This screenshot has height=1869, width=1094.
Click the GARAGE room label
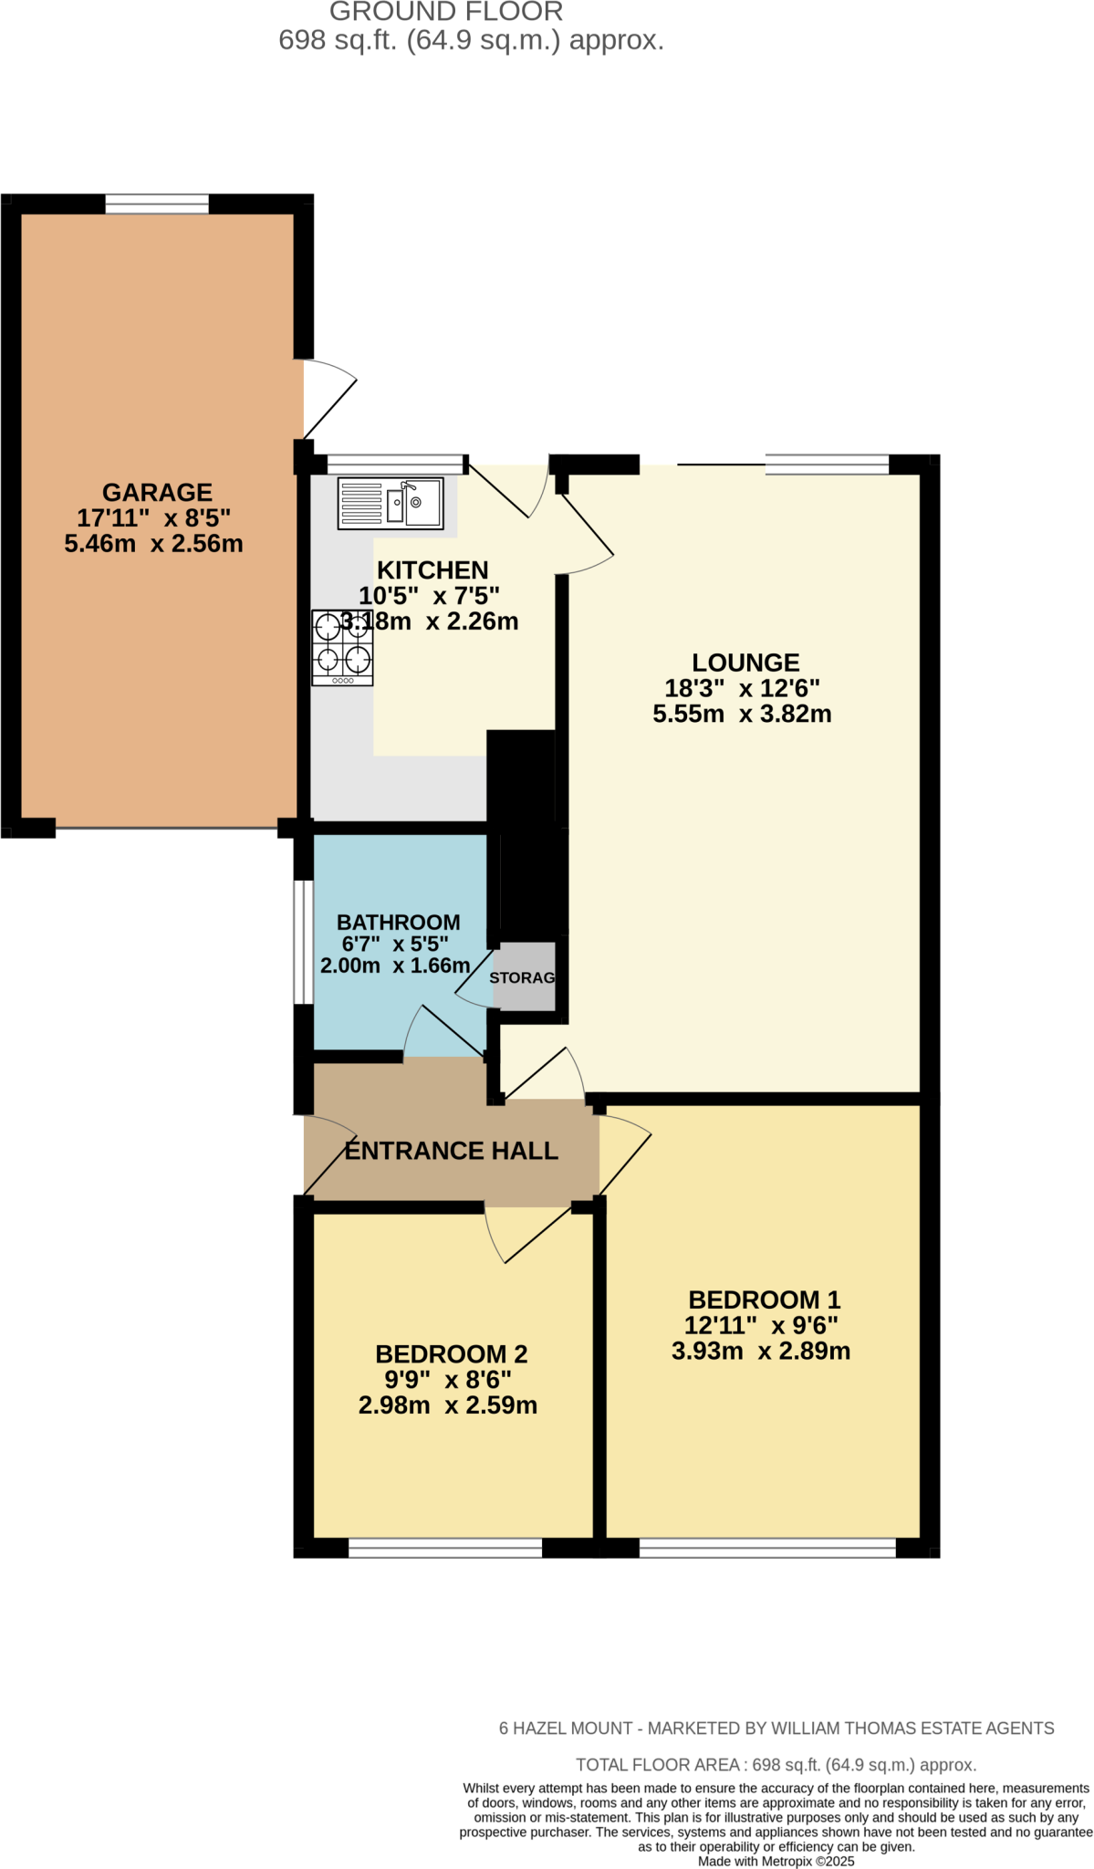click(x=157, y=493)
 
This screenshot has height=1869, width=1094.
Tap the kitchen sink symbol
click(x=391, y=503)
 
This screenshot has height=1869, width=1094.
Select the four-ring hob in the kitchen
click(x=342, y=648)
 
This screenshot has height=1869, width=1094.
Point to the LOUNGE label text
click(x=745, y=663)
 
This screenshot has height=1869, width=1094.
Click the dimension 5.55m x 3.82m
click(x=742, y=714)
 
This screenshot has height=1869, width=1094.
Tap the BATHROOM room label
click(x=398, y=923)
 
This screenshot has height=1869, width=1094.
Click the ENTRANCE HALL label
click(x=451, y=1151)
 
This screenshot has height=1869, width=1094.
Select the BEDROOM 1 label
click(x=764, y=1300)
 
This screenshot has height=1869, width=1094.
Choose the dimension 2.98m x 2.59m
click(x=447, y=1405)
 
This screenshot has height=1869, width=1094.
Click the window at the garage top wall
click(x=157, y=204)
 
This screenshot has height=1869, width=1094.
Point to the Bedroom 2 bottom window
click(x=445, y=1548)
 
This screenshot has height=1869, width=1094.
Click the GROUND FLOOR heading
click(x=445, y=12)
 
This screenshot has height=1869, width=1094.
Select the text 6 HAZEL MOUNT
click(x=566, y=1728)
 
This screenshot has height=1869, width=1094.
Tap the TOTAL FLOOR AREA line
click(x=776, y=1765)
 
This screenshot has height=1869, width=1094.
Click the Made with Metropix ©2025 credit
click(x=776, y=1862)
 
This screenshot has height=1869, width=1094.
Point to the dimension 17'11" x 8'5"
click(x=153, y=518)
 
